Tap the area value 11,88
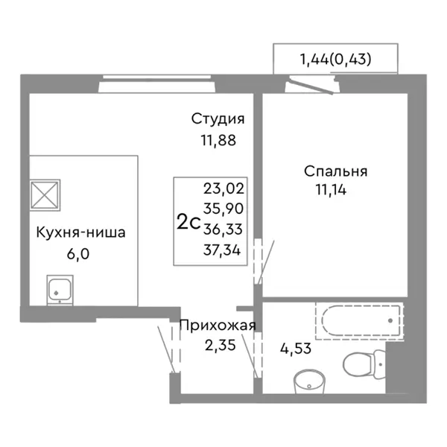218,140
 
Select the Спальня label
335,171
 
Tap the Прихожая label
218,325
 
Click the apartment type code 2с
188,222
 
